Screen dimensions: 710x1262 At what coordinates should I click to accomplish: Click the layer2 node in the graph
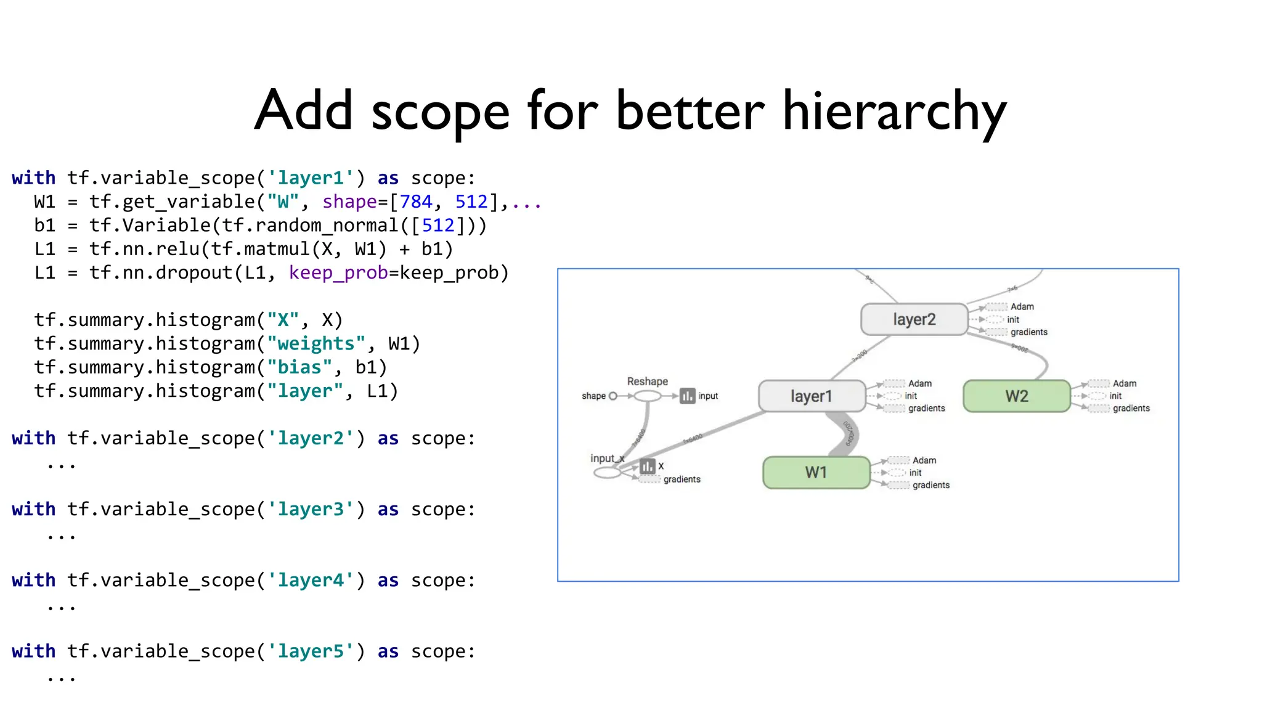914,319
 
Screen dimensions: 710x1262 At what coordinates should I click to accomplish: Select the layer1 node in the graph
812,396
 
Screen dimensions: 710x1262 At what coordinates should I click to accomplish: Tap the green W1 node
816,473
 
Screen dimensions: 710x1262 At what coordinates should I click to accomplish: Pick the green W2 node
1017,396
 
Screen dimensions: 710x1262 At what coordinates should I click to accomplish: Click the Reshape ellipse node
648,396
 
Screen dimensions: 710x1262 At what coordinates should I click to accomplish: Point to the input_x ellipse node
607,473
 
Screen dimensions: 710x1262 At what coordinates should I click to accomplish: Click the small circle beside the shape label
613,396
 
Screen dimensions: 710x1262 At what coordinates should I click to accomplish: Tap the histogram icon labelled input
687,396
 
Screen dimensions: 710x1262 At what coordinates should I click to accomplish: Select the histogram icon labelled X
647,466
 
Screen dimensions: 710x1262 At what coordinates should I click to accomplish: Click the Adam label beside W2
1125,383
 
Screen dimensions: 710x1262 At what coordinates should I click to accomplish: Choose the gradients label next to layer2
1028,332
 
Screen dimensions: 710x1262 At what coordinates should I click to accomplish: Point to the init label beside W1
915,473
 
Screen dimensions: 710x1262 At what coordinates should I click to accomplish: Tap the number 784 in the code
416,202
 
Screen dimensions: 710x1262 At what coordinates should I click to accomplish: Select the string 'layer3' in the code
311,510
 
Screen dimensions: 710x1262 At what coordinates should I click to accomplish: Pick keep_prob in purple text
338,273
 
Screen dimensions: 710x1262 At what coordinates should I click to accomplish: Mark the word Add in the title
304,111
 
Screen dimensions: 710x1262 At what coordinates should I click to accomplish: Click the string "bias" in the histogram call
299,367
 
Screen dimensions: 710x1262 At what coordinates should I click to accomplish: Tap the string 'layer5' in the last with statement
311,651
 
